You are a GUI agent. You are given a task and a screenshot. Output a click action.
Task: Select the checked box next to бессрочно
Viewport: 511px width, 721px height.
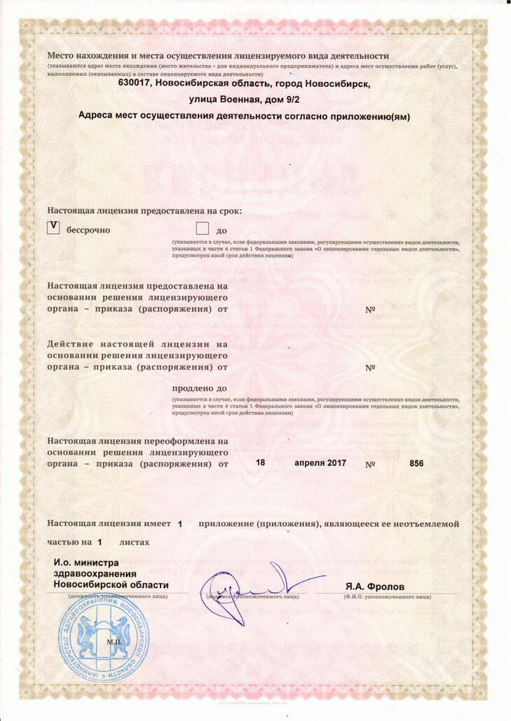coord(53,227)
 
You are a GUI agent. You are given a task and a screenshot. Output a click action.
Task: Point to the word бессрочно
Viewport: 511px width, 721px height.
coord(88,230)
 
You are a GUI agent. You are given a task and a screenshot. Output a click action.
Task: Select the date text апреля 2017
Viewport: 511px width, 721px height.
coord(320,463)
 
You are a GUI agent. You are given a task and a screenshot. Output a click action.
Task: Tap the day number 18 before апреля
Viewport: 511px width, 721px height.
coord(261,463)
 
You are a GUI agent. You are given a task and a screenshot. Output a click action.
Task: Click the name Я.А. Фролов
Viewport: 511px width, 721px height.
coord(374,585)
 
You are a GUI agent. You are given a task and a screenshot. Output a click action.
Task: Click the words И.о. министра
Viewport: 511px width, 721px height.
coord(86,563)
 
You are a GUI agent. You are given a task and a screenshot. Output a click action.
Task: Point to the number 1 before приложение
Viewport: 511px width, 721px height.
coord(180,524)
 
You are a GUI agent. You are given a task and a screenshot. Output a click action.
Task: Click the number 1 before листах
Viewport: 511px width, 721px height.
coord(100,542)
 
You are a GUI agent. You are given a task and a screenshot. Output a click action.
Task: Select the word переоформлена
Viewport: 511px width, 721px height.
coord(186,441)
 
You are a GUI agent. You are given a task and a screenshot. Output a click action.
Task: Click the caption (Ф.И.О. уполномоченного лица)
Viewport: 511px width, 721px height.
coord(386,596)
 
